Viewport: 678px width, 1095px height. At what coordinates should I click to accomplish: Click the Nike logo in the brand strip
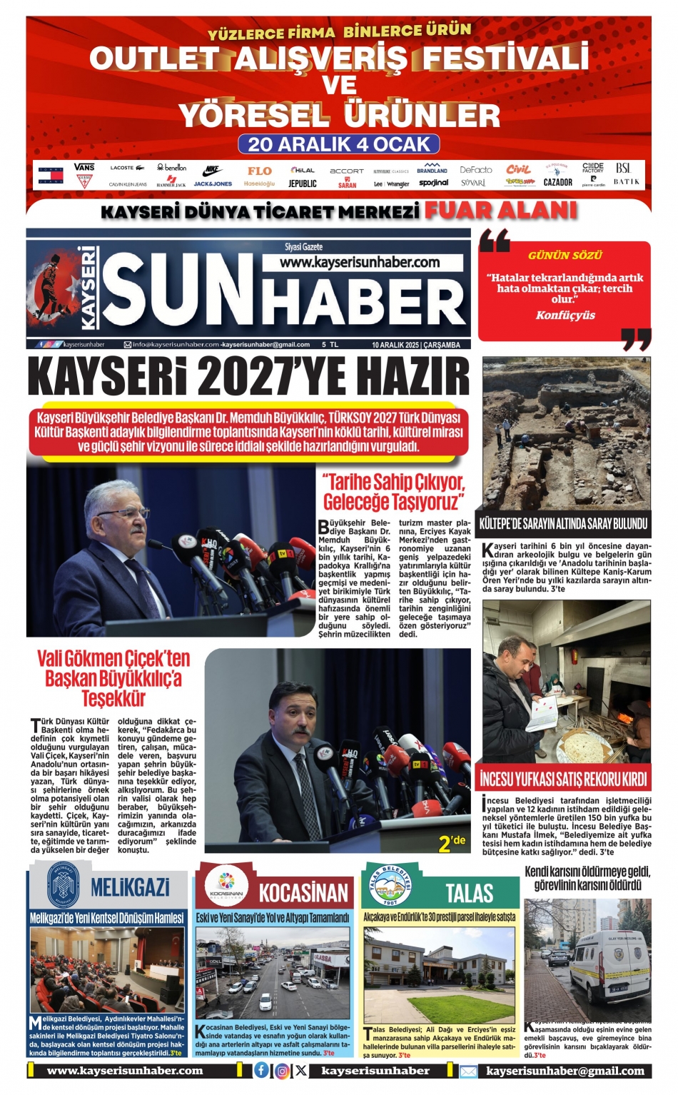pyautogui.click(x=213, y=171)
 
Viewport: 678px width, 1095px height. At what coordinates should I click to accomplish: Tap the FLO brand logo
pyautogui.click(x=259, y=171)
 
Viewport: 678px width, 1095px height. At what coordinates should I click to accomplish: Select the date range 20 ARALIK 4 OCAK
pyautogui.click(x=339, y=144)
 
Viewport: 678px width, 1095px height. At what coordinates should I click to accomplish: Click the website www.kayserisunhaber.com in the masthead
pyautogui.click(x=360, y=263)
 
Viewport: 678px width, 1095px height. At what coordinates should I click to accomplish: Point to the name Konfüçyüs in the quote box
pyautogui.click(x=565, y=315)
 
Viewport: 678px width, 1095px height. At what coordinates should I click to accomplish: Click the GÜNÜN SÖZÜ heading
pyautogui.click(x=565, y=256)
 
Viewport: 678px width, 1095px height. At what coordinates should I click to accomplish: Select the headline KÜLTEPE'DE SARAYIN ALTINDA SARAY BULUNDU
pyautogui.click(x=563, y=523)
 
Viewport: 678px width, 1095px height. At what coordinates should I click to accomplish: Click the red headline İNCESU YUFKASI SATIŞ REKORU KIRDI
pyautogui.click(x=563, y=779)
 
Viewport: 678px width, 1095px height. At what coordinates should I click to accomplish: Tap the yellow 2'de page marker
pyautogui.click(x=451, y=842)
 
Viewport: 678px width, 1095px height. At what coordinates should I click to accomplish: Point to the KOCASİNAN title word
pyautogui.click(x=303, y=893)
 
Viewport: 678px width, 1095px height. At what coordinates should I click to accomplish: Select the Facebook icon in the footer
pyautogui.click(x=262, y=1070)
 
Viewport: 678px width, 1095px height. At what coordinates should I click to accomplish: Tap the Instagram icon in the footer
pyautogui.click(x=282, y=1070)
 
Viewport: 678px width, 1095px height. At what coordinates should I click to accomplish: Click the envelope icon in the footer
pyautogui.click(x=468, y=1071)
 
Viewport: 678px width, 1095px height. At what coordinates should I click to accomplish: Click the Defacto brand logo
pyautogui.click(x=476, y=170)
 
